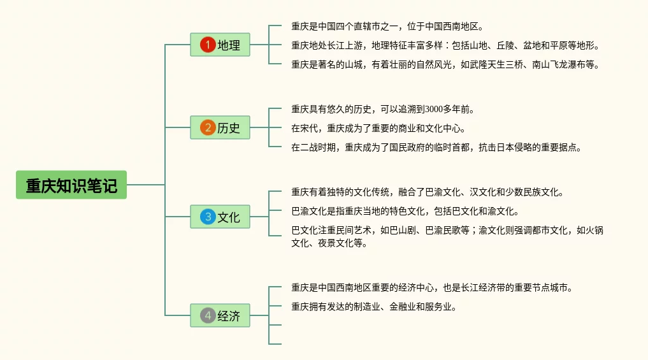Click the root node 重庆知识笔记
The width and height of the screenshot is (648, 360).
[71, 185]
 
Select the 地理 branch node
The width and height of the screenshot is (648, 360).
[220, 45]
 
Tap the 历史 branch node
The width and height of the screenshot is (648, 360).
[220, 127]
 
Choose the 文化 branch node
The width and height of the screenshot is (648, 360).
[220, 217]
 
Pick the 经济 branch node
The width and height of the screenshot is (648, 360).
[220, 315]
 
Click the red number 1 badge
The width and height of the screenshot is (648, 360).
[208, 45]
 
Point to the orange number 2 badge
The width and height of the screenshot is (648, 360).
[208, 127]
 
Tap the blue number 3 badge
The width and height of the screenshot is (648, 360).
[208, 217]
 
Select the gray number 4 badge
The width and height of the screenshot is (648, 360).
[208, 315]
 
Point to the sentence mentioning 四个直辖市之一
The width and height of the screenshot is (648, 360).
[387, 27]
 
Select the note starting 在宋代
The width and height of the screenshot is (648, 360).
[378, 128]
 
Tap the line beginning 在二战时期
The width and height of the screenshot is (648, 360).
[436, 147]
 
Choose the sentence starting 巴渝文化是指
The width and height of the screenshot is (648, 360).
[405, 211]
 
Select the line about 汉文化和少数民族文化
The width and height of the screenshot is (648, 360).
[427, 192]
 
